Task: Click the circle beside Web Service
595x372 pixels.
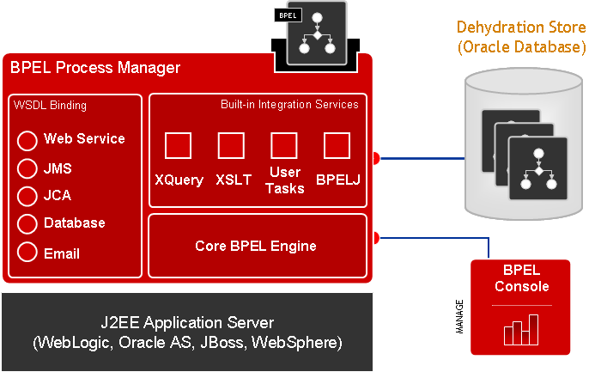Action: [x=27, y=140]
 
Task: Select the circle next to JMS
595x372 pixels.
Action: [x=27, y=168]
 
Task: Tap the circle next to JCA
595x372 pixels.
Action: [x=27, y=196]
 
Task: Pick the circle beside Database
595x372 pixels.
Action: [x=27, y=224]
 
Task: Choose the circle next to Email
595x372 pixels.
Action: [x=27, y=253]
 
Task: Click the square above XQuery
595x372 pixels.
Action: [x=178, y=145]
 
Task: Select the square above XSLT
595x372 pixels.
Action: [x=231, y=145]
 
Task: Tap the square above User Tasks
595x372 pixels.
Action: [x=283, y=145]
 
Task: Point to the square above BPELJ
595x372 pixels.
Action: [x=337, y=145]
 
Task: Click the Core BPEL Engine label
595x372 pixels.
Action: [x=256, y=247]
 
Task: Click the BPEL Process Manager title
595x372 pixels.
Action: [x=95, y=67]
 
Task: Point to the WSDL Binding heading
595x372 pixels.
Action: [x=50, y=106]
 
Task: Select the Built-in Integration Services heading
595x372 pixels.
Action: [x=289, y=105]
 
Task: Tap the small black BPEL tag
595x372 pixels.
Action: [x=287, y=15]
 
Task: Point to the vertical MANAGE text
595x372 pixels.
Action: [x=460, y=315]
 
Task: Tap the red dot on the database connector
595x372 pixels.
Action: [x=375, y=158]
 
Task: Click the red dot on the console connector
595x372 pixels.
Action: [x=375, y=236]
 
